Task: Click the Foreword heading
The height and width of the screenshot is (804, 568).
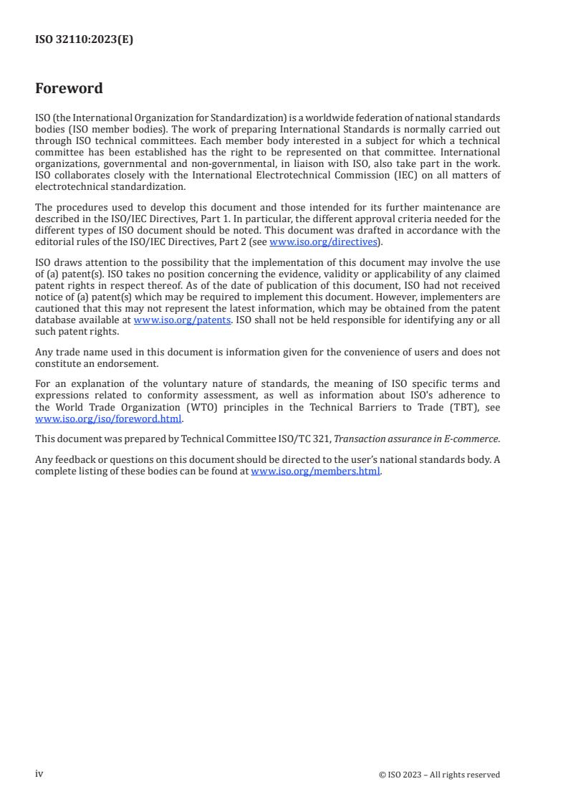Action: (69, 89)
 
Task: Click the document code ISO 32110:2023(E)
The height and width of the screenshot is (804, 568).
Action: (84, 40)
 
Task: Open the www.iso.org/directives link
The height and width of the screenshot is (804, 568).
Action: (323, 242)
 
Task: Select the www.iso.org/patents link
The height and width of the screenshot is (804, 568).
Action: (182, 320)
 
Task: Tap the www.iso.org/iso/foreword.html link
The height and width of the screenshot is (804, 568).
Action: (109, 419)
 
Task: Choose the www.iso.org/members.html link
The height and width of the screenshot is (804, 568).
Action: (315, 472)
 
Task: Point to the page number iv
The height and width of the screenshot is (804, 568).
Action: (39, 774)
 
